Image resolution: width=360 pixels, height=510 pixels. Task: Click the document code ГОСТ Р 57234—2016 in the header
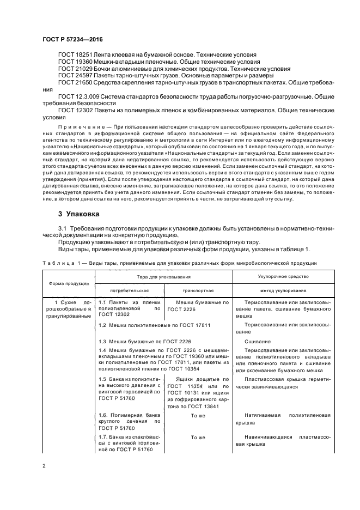point(72,40)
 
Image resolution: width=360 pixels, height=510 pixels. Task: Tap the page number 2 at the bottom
point(45,466)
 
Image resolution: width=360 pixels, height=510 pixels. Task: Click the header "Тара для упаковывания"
point(164,277)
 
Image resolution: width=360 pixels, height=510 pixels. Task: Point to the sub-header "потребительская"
point(129,291)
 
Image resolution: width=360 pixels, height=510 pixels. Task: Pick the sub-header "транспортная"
point(198,291)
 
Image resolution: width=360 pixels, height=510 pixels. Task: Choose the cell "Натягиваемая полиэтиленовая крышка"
point(284,418)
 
